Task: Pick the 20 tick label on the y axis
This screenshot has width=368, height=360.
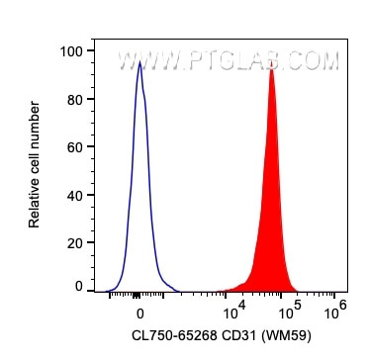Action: pos(74,240)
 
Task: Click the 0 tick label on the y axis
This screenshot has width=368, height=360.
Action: pos(78,287)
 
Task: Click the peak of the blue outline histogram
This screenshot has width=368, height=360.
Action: pos(139,61)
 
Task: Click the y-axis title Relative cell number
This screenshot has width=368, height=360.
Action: pos(35,164)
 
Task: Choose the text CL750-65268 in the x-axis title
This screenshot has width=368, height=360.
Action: pos(173,334)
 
